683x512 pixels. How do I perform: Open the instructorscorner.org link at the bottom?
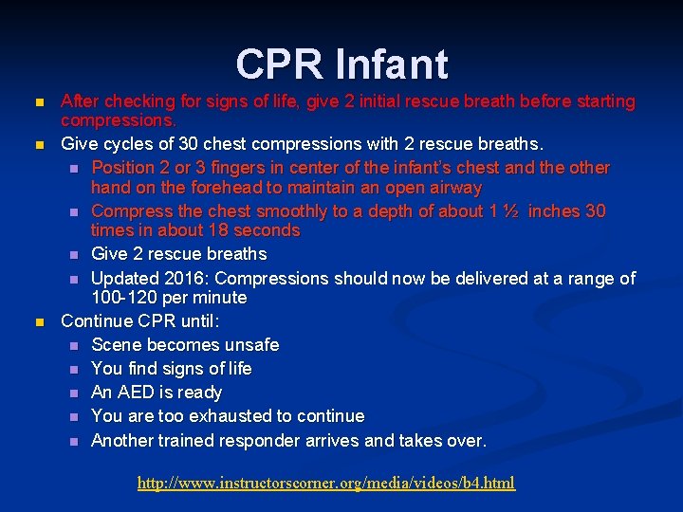click(326, 483)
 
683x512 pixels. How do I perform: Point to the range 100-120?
click(126, 298)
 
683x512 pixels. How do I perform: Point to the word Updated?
click(124, 279)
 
